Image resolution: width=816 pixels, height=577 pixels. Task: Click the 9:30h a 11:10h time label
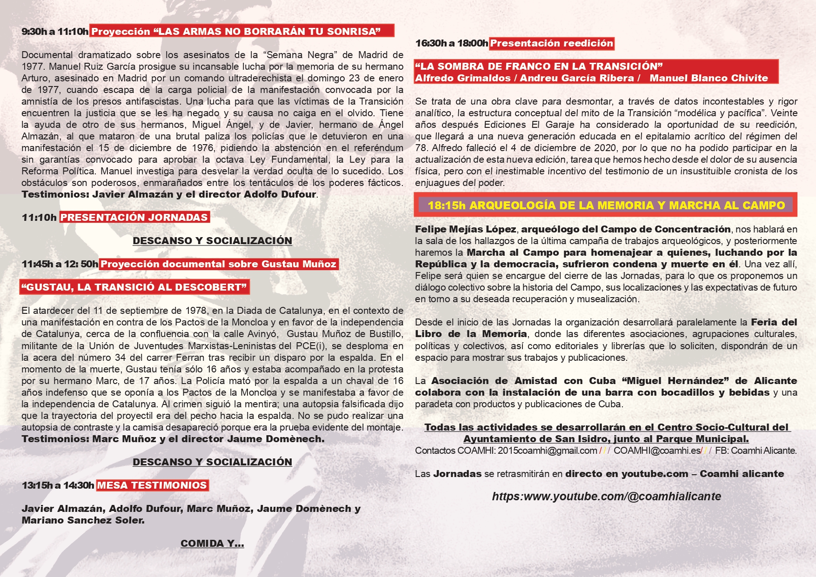click(x=55, y=32)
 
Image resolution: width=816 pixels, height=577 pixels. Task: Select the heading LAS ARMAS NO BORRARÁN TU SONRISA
click(x=269, y=32)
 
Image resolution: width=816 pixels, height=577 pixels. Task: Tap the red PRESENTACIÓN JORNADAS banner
click(x=134, y=217)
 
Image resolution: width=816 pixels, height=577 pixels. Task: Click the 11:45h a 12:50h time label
click(x=60, y=264)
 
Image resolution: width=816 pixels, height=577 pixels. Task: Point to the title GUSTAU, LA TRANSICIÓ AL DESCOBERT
click(x=135, y=287)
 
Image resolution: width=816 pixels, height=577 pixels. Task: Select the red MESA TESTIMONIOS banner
click(x=152, y=485)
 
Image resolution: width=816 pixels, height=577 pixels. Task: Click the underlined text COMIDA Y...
click(x=212, y=544)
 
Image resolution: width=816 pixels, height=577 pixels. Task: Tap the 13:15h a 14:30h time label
click(x=58, y=485)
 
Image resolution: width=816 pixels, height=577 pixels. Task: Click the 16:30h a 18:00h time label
click(x=451, y=43)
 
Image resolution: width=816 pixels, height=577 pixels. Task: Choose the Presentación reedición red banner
click(x=551, y=43)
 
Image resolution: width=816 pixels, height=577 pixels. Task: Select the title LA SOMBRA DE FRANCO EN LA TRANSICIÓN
click(x=538, y=66)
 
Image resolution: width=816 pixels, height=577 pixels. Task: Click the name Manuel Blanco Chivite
click(x=708, y=78)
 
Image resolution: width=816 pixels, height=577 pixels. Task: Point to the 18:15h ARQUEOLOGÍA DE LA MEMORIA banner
click(x=606, y=205)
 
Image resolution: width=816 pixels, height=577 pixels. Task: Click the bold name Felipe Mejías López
click(x=465, y=229)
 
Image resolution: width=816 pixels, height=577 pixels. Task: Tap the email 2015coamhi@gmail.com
click(x=547, y=451)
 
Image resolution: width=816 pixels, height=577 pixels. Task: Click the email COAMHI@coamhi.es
click(x=657, y=451)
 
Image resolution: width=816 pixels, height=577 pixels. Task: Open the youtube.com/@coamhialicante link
click(x=606, y=497)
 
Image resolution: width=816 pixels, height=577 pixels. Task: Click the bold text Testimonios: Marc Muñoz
click(x=88, y=439)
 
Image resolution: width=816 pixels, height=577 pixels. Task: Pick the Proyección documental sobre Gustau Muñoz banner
click(x=219, y=264)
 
